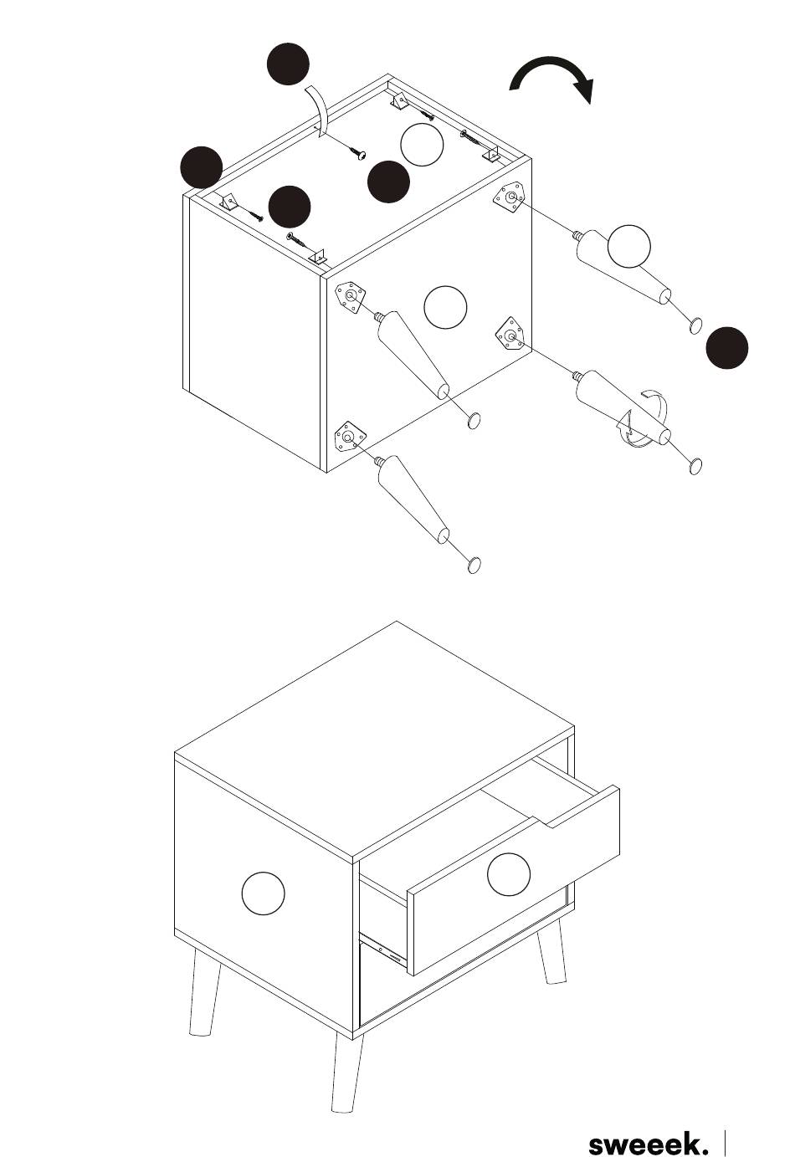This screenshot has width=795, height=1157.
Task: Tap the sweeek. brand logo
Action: tap(648, 1142)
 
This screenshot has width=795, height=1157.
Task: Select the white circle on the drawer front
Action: tap(509, 874)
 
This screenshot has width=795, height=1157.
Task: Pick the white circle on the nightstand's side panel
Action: tap(263, 893)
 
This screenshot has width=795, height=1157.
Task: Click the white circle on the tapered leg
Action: tap(628, 246)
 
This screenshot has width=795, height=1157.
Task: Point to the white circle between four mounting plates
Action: tap(445, 307)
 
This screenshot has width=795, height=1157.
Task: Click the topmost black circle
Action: tap(288, 64)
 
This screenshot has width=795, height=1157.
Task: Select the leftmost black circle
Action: tap(201, 167)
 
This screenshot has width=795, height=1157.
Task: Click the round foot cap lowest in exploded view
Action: tap(474, 565)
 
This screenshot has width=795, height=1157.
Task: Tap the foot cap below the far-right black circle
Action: tap(695, 466)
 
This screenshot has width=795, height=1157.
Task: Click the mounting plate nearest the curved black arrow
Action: tap(510, 198)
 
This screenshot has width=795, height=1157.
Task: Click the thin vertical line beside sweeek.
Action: tap(725, 1143)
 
